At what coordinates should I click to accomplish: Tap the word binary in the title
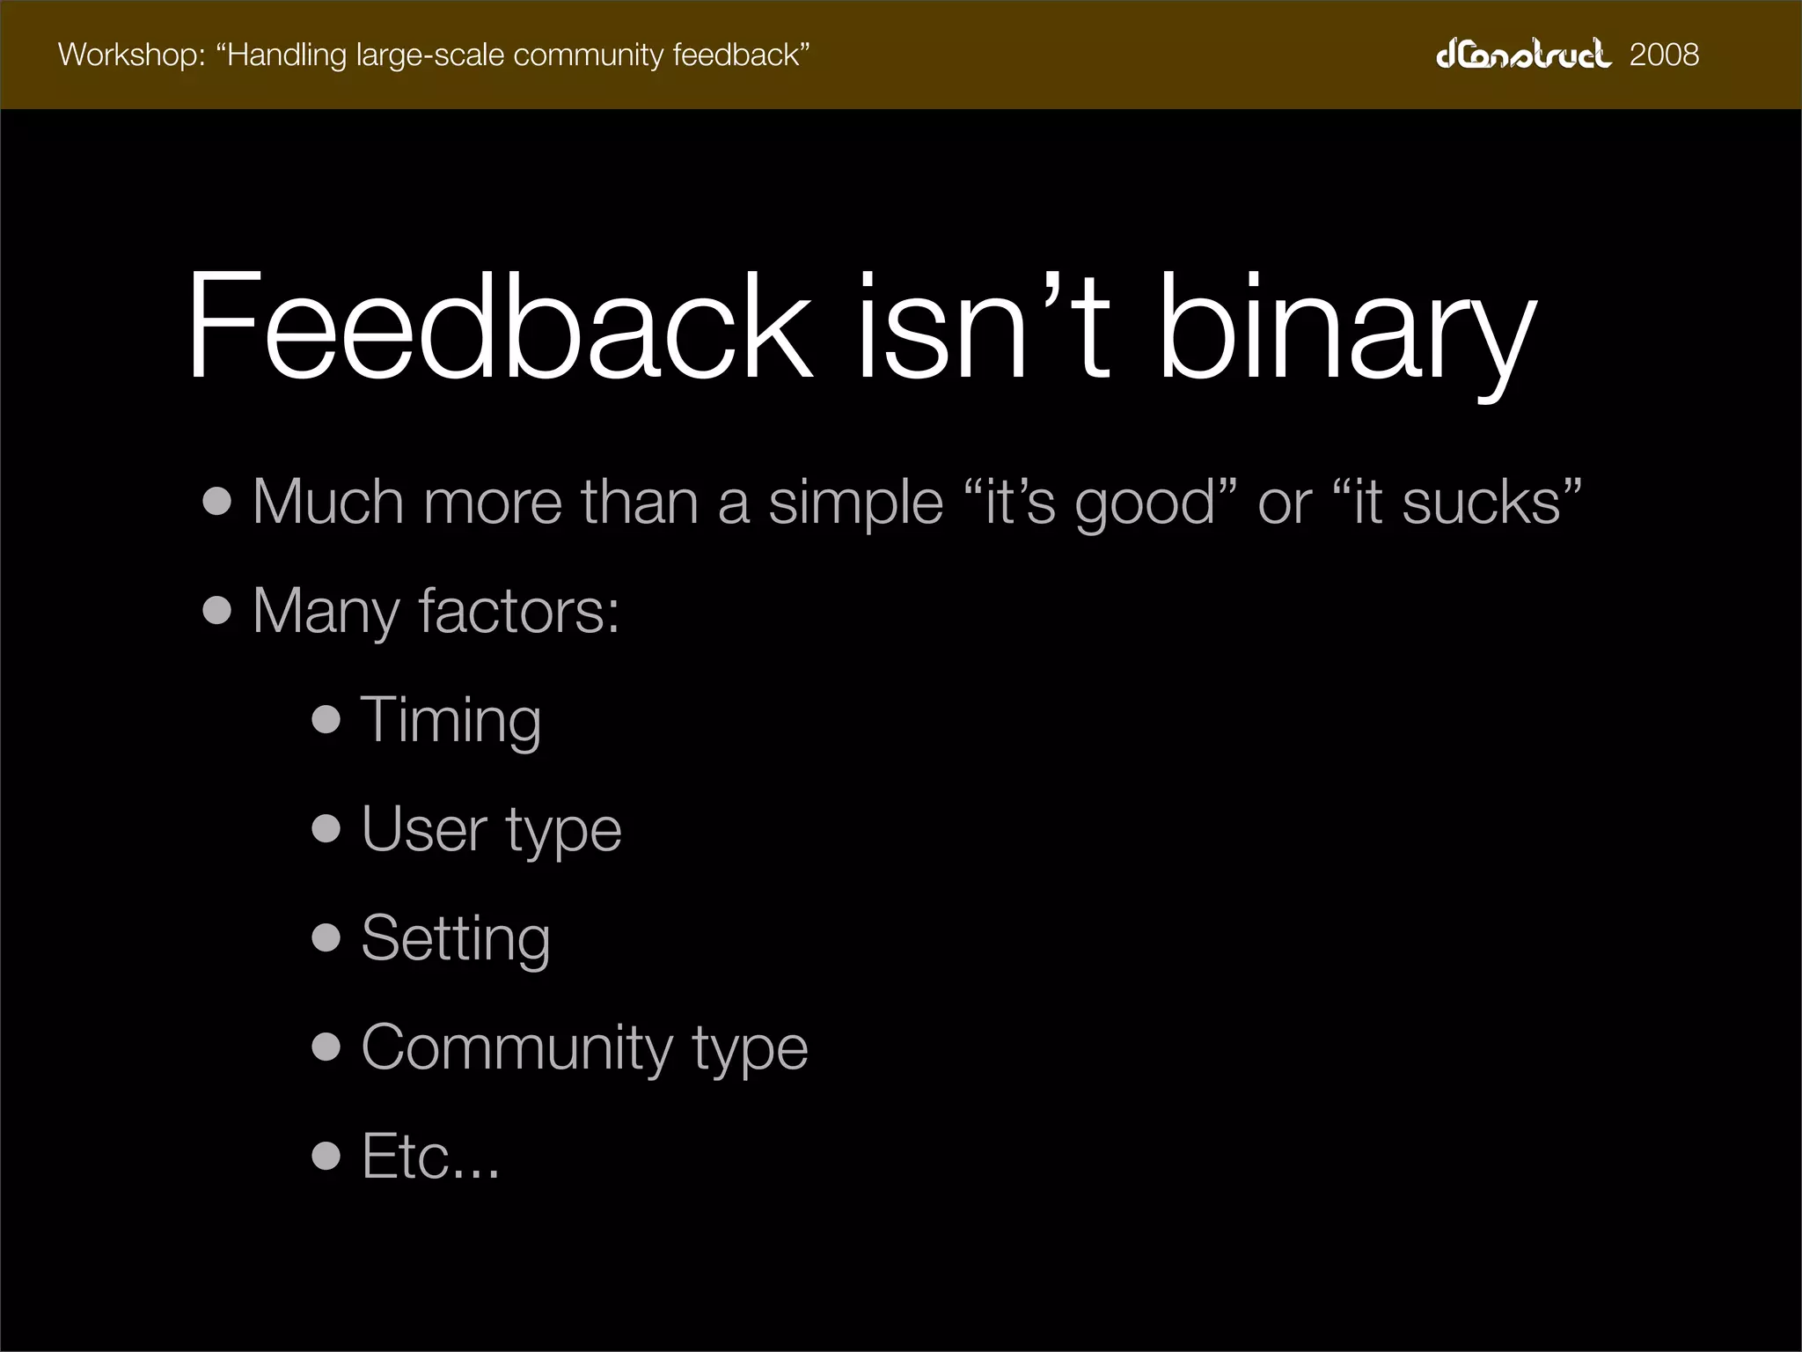coord(1346,330)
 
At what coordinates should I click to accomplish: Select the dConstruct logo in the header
coord(1523,54)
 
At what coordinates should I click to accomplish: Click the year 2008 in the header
coord(1664,55)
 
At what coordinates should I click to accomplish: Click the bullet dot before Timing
coord(326,720)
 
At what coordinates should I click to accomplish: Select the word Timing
coord(450,720)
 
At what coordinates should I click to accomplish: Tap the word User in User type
coord(424,829)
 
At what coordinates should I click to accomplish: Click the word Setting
coord(456,938)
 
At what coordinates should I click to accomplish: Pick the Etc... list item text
coord(430,1156)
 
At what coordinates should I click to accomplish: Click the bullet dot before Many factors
coord(217,611)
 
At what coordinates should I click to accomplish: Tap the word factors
coord(518,611)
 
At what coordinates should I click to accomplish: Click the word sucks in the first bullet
coord(1482,502)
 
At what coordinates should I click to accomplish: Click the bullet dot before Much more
coord(217,502)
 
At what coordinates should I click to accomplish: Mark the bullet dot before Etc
coord(326,1156)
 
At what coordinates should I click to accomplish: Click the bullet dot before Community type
coord(326,1047)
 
